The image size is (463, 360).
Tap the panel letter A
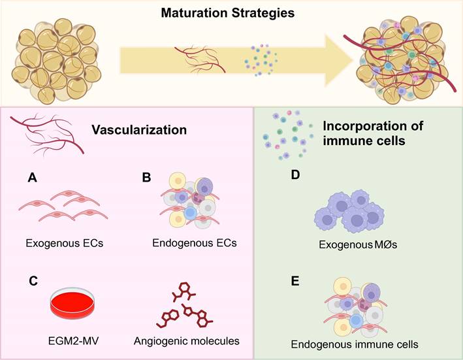point(31,177)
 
